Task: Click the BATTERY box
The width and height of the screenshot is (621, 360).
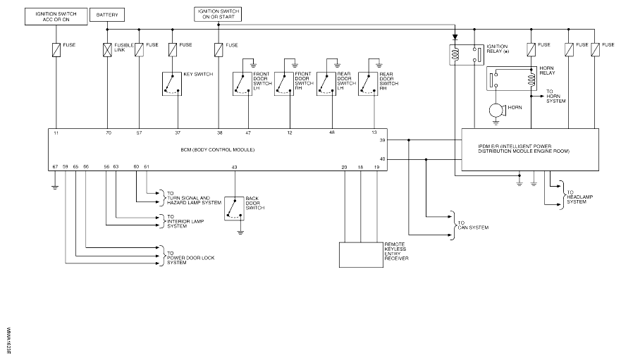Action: pyautogui.click(x=107, y=14)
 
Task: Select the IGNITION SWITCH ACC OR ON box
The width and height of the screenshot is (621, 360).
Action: pyautogui.click(x=56, y=17)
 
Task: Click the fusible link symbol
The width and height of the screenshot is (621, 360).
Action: pyautogui.click(x=107, y=50)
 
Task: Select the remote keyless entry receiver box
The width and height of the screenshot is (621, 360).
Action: pyautogui.click(x=360, y=254)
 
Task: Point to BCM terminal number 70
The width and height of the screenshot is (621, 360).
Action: pyautogui.click(x=108, y=132)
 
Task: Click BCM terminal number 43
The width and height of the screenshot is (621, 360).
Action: pyautogui.click(x=234, y=166)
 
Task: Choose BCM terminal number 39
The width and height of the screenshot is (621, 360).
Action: pyautogui.click(x=383, y=141)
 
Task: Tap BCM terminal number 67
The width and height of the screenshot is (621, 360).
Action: pyautogui.click(x=55, y=166)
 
